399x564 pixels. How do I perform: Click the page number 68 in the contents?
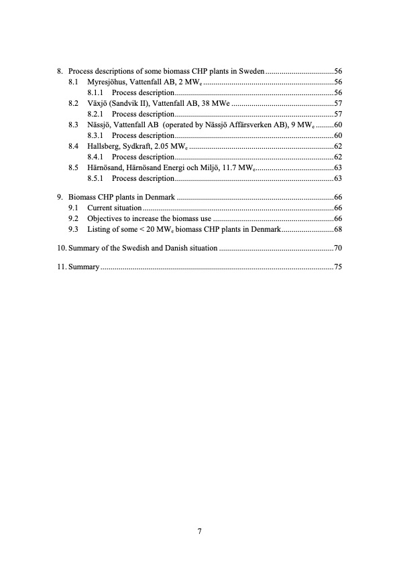(338, 229)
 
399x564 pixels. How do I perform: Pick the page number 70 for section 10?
(338, 248)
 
